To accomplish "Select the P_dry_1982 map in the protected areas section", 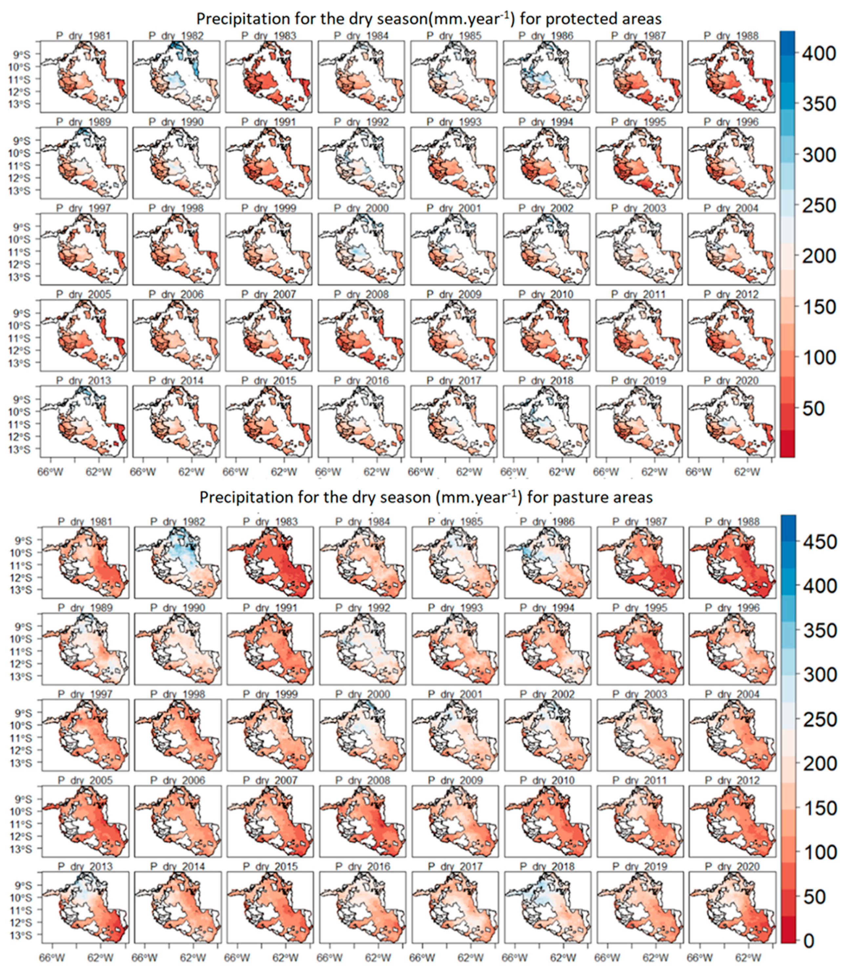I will (176, 76).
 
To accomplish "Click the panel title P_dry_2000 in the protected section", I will (361, 208).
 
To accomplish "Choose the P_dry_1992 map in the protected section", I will (361, 163).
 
